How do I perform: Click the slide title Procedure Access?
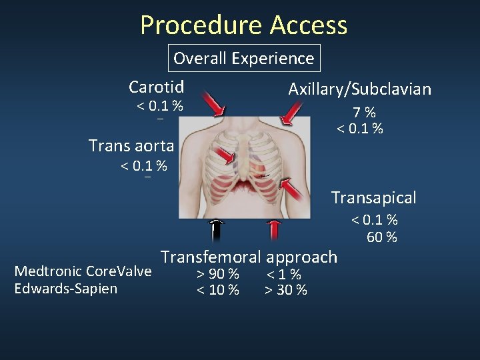(x=243, y=25)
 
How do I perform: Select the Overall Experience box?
(x=243, y=58)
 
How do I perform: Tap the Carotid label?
(x=157, y=87)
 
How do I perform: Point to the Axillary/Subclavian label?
(x=359, y=89)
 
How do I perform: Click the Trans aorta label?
(x=131, y=145)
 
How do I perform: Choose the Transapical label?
(x=373, y=197)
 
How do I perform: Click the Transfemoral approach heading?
(x=249, y=257)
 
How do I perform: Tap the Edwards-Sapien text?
(x=65, y=289)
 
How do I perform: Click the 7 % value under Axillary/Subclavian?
(x=364, y=113)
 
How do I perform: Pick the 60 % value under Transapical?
(x=382, y=237)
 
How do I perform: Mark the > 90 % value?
(x=217, y=274)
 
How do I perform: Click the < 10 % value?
(x=217, y=290)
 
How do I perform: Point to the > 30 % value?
(x=286, y=290)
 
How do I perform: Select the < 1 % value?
(x=284, y=274)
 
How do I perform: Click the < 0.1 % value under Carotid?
(x=160, y=105)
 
